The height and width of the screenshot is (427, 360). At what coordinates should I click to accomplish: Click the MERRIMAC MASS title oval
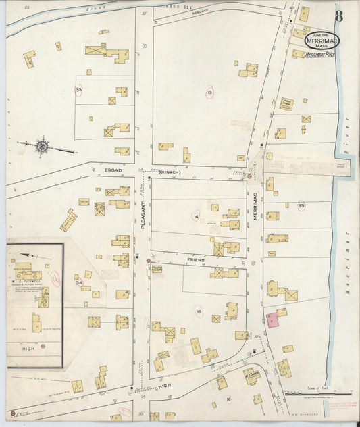click(x=322, y=41)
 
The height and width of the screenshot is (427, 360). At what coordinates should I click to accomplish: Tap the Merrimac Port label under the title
click(x=319, y=55)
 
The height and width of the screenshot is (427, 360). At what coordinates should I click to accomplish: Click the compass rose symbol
click(x=42, y=144)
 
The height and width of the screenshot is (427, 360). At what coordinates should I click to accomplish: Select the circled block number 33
click(x=79, y=90)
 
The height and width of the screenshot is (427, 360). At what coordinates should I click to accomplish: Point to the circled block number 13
click(x=210, y=92)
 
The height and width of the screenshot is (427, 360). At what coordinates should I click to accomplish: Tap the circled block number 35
click(x=301, y=206)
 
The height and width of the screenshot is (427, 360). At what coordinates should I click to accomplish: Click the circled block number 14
click(x=196, y=217)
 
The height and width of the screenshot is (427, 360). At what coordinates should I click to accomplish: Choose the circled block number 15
click(x=199, y=311)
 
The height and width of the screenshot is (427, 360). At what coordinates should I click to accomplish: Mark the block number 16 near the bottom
click(x=229, y=399)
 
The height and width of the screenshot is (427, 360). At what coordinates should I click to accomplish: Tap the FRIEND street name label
click(x=197, y=259)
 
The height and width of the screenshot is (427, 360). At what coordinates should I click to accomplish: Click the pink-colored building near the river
click(x=273, y=320)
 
